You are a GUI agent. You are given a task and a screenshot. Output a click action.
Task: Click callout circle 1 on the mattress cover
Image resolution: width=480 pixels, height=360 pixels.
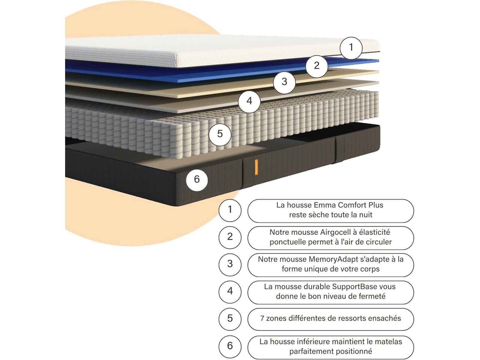(351, 47)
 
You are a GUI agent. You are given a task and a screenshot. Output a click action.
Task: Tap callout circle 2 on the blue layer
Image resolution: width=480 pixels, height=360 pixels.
(317, 65)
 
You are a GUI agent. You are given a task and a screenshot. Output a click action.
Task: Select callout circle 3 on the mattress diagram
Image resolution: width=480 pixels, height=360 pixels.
(284, 82)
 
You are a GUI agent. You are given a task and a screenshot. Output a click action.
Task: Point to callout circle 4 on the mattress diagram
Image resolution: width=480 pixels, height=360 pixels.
(249, 101)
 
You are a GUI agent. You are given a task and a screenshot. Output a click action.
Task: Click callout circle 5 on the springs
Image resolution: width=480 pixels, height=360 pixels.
(220, 134)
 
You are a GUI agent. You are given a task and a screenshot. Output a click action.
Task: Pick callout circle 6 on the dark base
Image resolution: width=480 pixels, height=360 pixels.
(197, 179)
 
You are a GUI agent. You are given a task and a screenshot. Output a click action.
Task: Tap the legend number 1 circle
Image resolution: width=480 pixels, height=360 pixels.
(230, 209)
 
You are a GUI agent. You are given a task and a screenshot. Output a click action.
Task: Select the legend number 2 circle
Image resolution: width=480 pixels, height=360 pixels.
(230, 237)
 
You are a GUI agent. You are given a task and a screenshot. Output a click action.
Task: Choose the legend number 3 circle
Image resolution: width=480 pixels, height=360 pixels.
(230, 264)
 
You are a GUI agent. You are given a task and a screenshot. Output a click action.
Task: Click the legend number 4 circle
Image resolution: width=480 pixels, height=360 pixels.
(230, 291)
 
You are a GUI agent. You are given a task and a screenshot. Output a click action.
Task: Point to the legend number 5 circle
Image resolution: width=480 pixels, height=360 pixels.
(230, 318)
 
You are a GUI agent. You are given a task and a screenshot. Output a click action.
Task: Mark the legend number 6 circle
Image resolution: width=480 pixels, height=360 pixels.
(230, 346)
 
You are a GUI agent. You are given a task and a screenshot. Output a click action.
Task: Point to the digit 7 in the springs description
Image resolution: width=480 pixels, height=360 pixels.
(262, 318)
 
